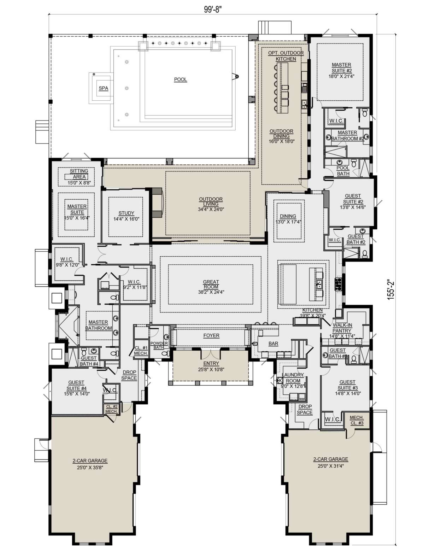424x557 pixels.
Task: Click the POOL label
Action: point(180,80)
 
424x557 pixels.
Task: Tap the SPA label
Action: point(104,88)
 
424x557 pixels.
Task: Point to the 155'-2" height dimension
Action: point(391,290)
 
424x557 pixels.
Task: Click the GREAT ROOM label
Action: point(211,284)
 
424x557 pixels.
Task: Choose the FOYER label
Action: point(211,335)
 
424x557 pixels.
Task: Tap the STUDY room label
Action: point(126,213)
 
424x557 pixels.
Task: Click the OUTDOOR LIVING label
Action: point(211,201)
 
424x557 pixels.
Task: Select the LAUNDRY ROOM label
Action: point(293,378)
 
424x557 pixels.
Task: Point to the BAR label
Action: point(273,344)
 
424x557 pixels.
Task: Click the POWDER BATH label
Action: point(159,345)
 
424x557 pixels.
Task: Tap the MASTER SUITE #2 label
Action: point(342,68)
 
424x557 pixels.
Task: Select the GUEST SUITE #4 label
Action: point(76,385)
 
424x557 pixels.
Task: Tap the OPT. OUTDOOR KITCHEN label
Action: point(286,56)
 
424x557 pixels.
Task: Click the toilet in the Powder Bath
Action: point(165,353)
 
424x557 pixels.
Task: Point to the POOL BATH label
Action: point(343,171)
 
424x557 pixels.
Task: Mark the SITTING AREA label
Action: point(79,174)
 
